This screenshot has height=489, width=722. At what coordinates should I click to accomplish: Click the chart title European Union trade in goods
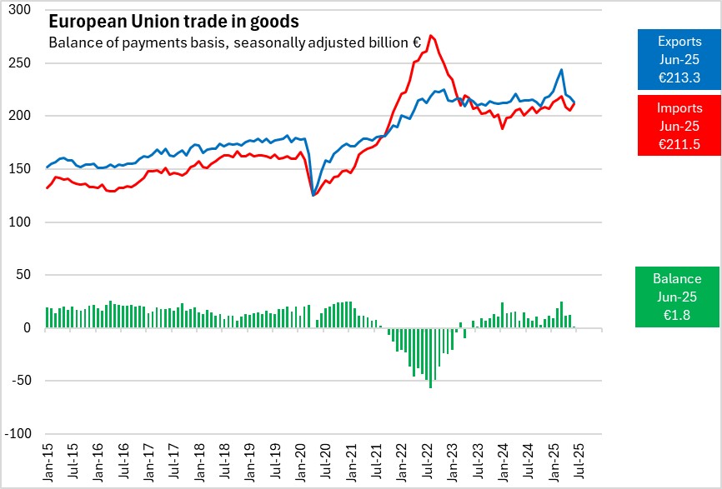173,21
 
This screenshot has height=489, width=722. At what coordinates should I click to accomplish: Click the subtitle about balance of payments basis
234,42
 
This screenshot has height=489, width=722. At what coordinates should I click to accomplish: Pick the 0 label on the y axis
25,328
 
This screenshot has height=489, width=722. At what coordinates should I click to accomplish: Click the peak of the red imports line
430,36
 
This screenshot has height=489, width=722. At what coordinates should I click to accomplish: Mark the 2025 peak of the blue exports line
561,70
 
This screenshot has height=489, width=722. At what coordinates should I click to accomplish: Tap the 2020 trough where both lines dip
313,195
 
